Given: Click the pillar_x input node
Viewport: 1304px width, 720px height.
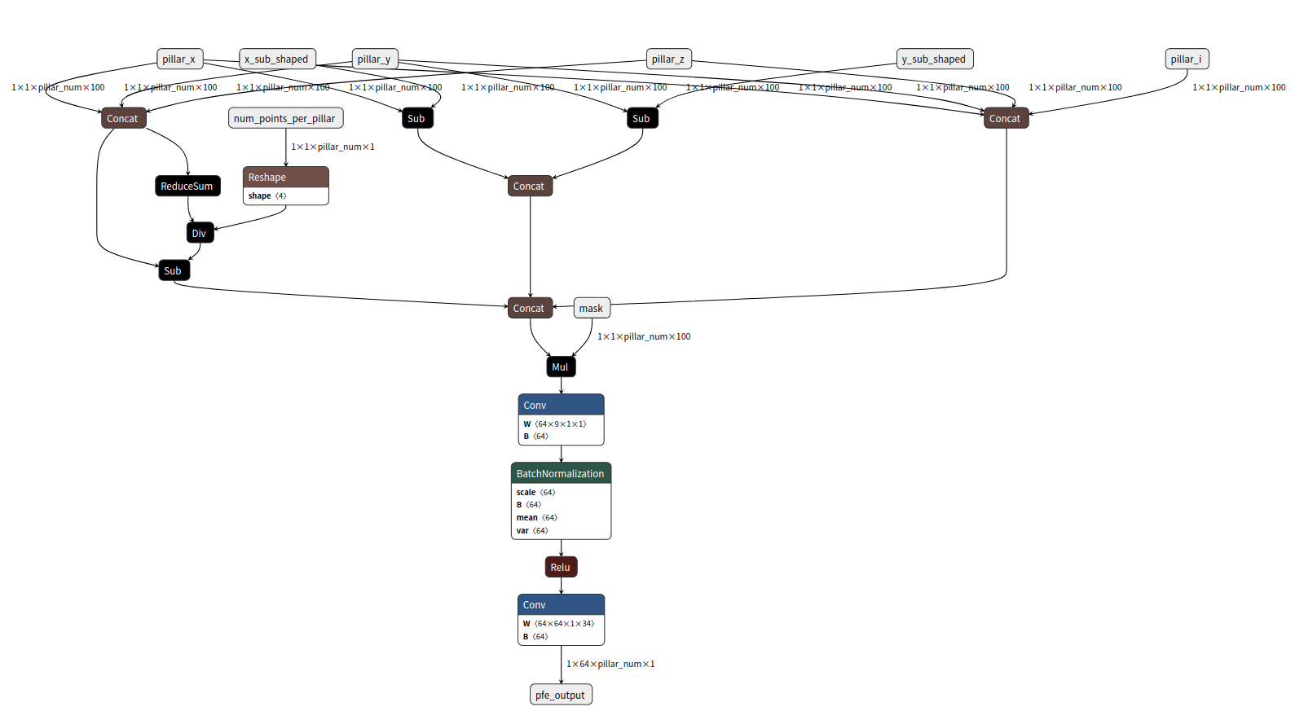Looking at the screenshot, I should [179, 59].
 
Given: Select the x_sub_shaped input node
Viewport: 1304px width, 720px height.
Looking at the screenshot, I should [277, 59].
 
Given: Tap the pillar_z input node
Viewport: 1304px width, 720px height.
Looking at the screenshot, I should [668, 59].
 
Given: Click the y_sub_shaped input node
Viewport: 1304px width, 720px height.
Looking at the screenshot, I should [934, 59].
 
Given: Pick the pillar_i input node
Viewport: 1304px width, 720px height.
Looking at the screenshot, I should [1186, 59].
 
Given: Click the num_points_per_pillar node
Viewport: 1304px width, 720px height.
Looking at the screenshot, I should [285, 118].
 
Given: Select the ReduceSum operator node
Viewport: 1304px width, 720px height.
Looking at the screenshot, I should [187, 186].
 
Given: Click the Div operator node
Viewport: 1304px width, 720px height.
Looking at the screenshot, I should [200, 233].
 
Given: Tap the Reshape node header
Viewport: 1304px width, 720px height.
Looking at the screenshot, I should [285, 177].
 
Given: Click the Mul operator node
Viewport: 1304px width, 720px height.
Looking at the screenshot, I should [561, 367].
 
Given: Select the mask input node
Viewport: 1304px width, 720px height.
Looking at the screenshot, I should [592, 308].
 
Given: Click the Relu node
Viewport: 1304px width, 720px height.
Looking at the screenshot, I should [561, 567].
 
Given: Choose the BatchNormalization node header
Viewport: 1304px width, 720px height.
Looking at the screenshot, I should [561, 473].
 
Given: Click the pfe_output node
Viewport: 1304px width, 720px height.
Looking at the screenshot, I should [561, 695].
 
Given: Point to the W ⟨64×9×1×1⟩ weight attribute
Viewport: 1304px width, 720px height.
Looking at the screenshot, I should [555, 424].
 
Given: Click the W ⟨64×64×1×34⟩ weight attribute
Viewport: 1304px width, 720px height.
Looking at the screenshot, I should [559, 623].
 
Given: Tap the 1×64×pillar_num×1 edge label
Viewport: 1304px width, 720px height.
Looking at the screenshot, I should [610, 664].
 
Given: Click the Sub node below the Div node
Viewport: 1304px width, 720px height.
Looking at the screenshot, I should [174, 270].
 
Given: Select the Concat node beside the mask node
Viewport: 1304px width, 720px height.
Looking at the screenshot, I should [530, 308].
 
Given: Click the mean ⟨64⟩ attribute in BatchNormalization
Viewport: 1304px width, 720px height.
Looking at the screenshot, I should [536, 517].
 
